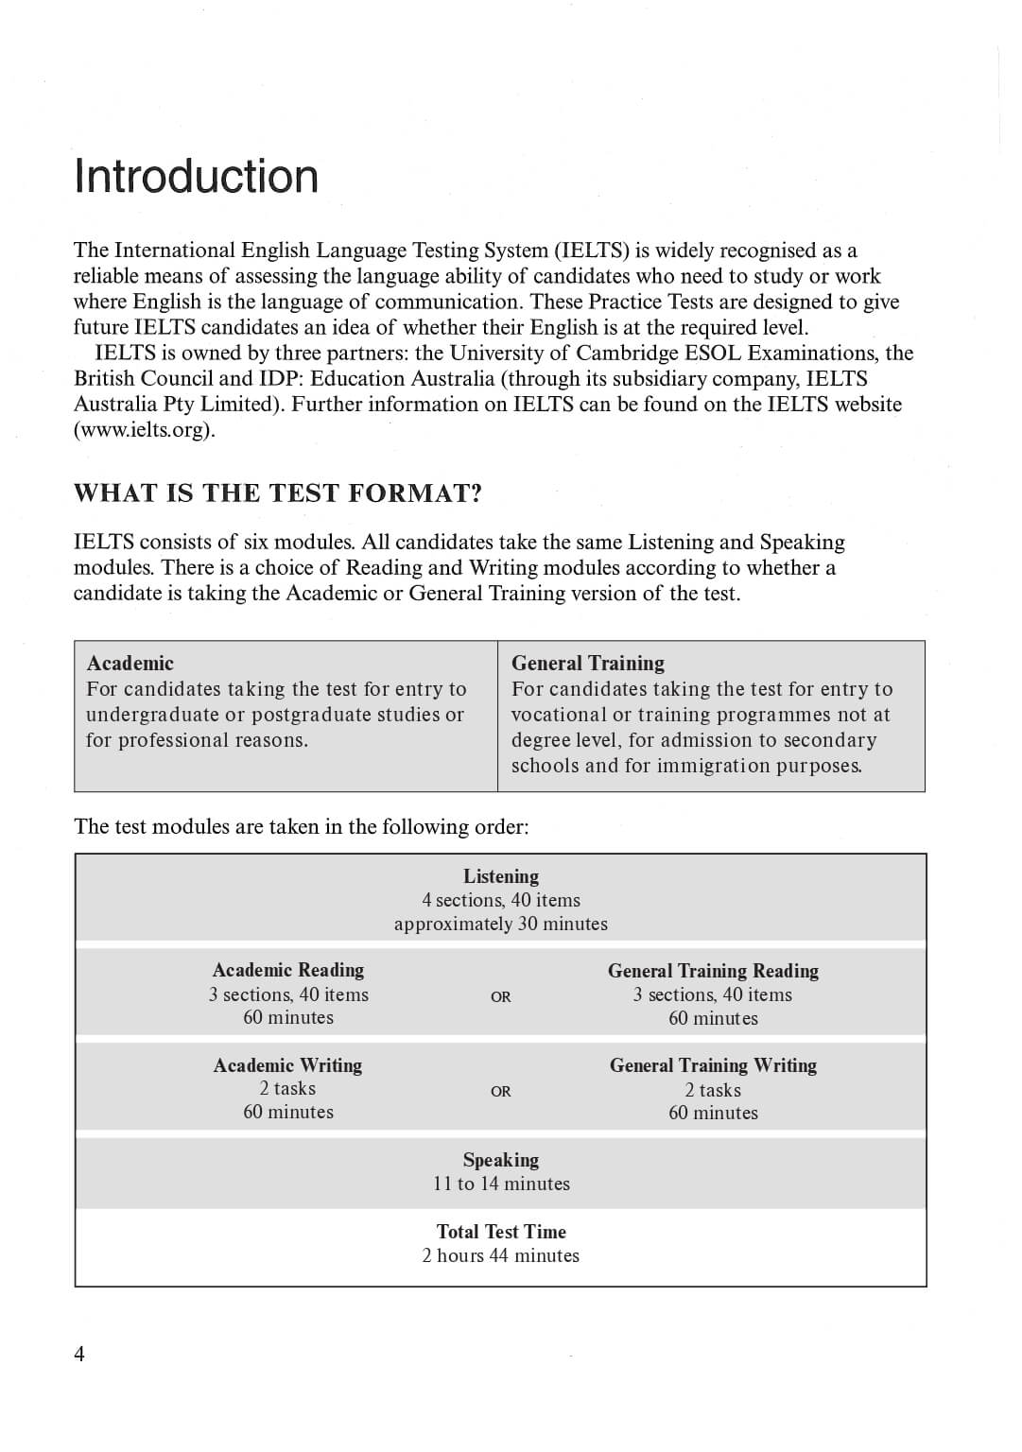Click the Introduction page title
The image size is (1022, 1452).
click(197, 177)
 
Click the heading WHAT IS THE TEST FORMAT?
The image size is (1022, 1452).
click(278, 493)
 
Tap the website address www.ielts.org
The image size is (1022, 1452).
click(145, 430)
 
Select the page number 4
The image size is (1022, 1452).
click(79, 1354)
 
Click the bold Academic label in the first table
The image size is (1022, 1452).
click(130, 663)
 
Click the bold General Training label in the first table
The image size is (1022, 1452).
click(587, 663)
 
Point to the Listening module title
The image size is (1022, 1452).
click(500, 876)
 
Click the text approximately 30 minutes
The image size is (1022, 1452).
click(500, 925)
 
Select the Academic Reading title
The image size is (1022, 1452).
click(288, 970)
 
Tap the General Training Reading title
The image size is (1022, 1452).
click(713, 971)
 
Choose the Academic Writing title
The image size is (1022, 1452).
click(288, 1065)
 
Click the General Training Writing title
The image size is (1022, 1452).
click(713, 1065)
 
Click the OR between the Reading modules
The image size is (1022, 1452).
click(500, 996)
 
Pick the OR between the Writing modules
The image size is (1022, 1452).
click(500, 1091)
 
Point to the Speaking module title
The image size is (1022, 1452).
click(500, 1160)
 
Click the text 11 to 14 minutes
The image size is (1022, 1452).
click(501, 1184)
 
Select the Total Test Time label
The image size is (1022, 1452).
click(501, 1232)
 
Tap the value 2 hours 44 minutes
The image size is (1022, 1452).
click(500, 1255)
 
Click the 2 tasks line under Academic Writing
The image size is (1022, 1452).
click(288, 1089)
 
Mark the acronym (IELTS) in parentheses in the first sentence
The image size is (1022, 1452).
click(592, 251)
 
